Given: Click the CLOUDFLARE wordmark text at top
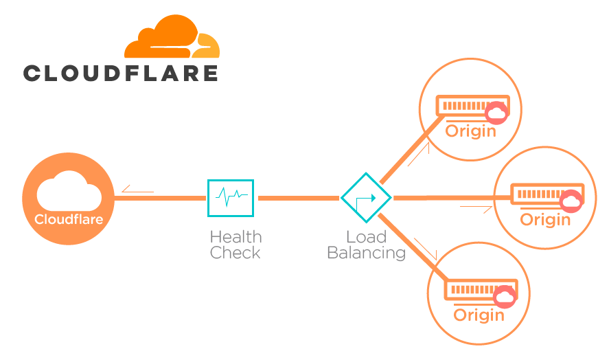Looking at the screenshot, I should tap(121, 74).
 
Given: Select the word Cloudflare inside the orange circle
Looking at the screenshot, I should tap(69, 220).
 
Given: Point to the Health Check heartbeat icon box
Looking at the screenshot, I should tap(230, 198).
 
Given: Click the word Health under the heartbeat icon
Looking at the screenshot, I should tap(235, 237).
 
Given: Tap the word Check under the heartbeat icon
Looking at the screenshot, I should tap(235, 253).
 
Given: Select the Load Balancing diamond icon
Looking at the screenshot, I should tap(366, 198).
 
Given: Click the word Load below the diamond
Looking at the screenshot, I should tap(366, 237).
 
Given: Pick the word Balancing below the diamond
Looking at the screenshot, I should tap(366, 253).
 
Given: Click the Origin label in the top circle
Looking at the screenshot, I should tap(470, 131).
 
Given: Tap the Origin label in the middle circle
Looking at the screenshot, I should tap(545, 220).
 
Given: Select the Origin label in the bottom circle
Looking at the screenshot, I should tap(479, 315).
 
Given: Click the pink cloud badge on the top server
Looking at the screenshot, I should tap(496, 113).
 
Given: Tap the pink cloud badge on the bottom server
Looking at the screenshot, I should tap(505, 297).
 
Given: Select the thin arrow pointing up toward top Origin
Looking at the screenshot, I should tap(418, 154).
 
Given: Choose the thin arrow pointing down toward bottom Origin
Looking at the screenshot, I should tap(426, 249).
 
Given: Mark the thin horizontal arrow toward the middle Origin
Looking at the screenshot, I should tap(476, 205).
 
